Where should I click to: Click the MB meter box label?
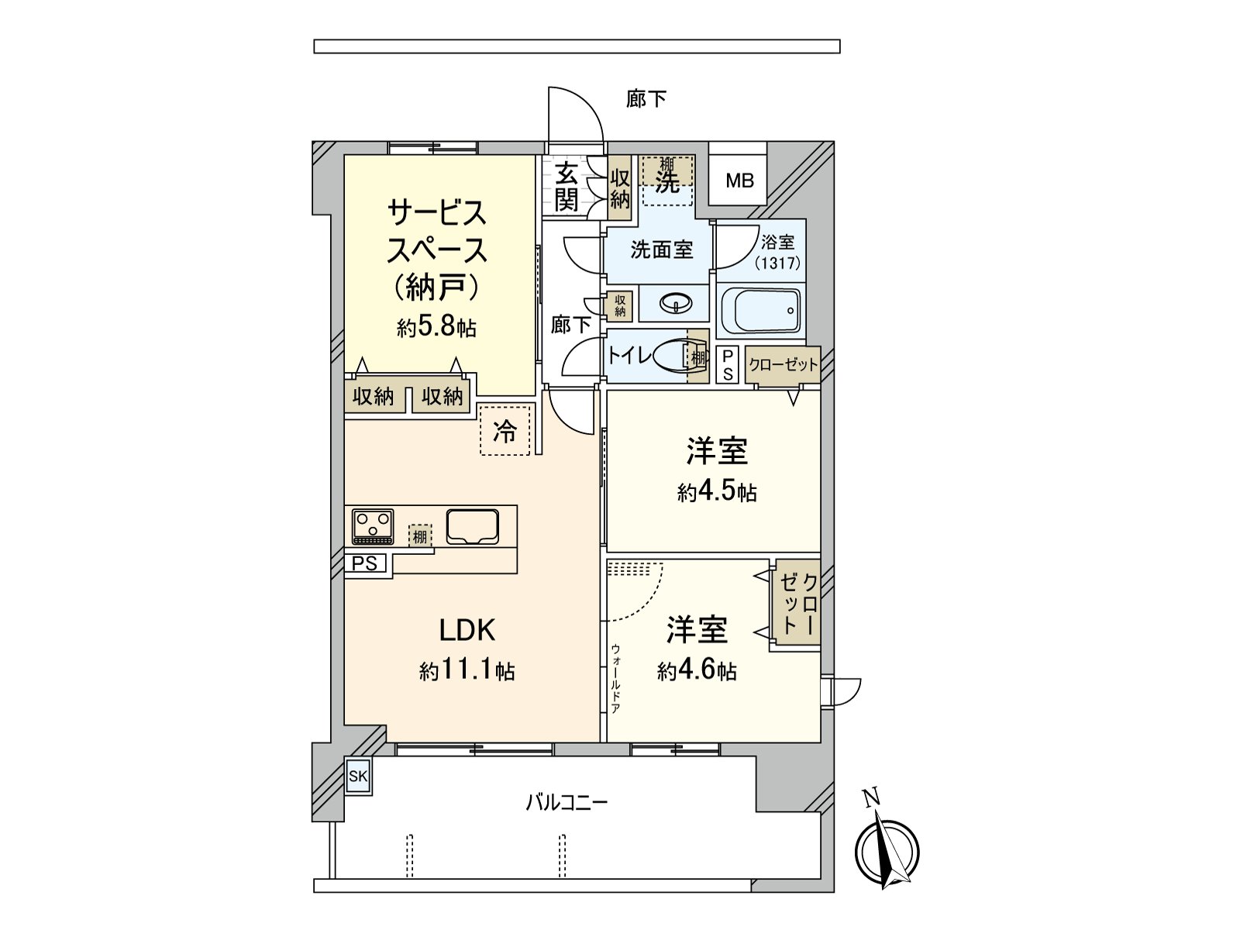[739, 181]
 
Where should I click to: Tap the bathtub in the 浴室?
[768, 311]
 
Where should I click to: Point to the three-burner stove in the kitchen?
[373, 527]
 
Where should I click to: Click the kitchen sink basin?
[472, 527]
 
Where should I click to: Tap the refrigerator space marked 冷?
[505, 429]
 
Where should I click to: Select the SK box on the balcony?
[358, 777]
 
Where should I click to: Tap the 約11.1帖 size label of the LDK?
[467, 671]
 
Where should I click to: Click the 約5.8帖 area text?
[436, 327]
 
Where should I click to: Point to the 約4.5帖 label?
[717, 492]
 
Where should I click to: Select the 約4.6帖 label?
[697, 671]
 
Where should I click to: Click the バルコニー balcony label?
[567, 802]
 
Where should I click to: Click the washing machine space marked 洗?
[667, 181]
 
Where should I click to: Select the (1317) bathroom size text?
[777, 263]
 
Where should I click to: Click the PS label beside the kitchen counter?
[365, 563]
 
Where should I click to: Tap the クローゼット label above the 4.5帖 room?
[783, 365]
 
